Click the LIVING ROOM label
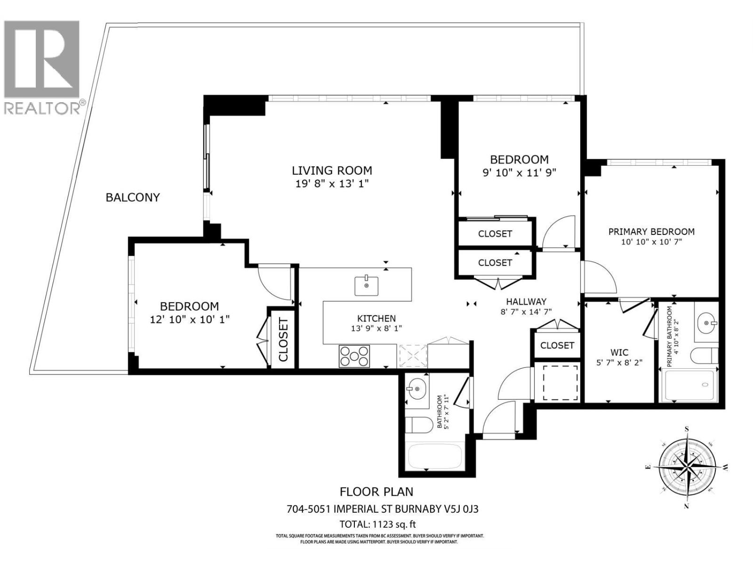pos(332,170)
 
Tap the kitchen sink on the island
pos(366,286)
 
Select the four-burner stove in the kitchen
pos(354,356)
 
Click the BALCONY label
pos(133,197)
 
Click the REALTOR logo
pos(42,66)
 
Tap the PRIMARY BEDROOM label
pos(651,232)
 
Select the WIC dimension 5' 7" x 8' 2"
pos(619,363)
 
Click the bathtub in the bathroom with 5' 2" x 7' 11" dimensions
pos(434,456)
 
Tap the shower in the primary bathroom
pos(689,386)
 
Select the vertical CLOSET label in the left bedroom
pos(283,339)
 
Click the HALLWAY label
pos(526,301)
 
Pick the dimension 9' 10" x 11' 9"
pos(520,172)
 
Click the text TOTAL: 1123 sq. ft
pos(377,524)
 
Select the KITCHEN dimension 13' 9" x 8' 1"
pos(376,328)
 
